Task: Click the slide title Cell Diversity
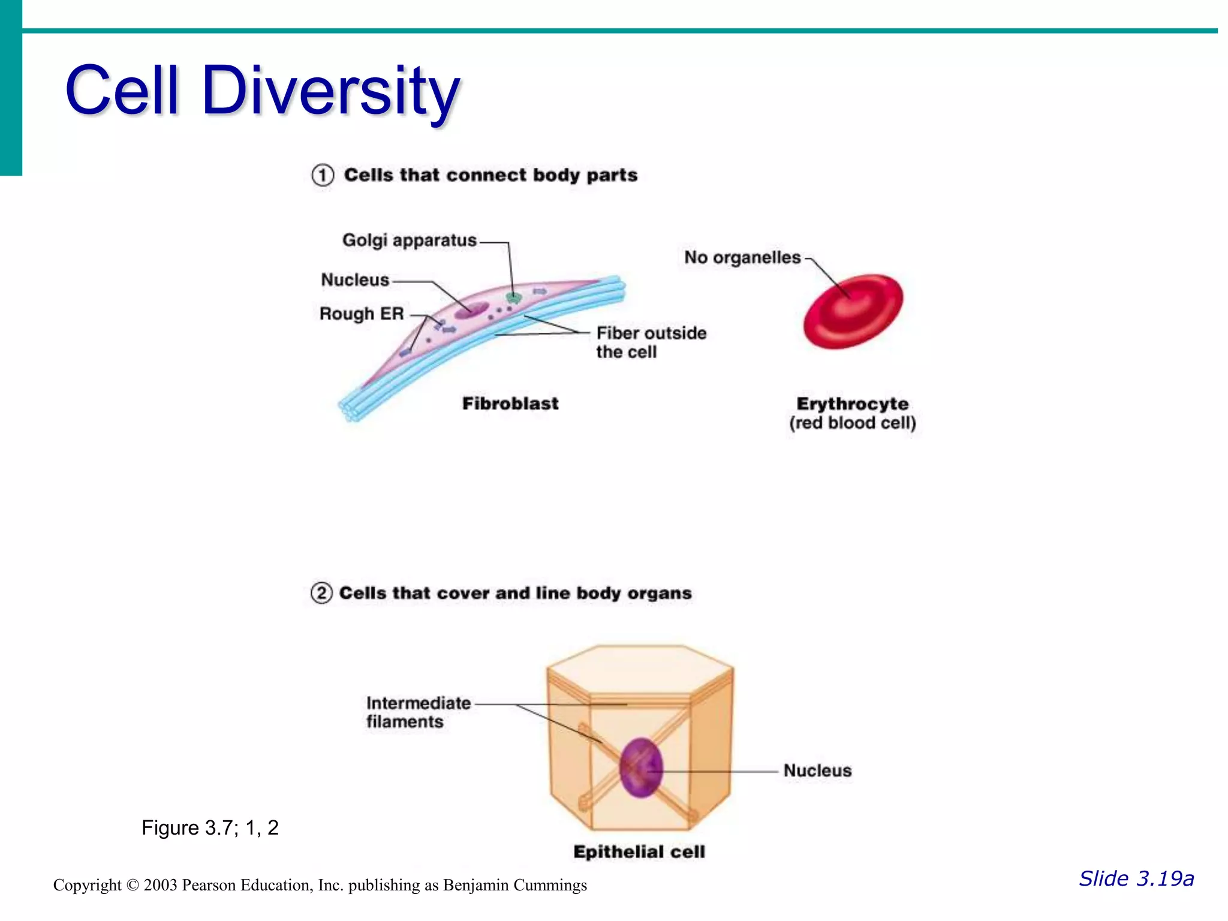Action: coord(262,91)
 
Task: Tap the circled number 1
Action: coord(323,176)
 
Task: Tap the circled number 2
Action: coord(321,593)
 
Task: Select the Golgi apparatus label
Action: coord(409,240)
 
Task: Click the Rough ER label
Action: coord(362,314)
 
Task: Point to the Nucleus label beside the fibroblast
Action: coord(355,280)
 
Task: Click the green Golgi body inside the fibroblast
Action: coord(513,297)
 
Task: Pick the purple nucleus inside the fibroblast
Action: coord(471,311)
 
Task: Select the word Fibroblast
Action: coord(510,404)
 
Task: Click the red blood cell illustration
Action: coord(853,311)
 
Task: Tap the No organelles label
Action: coord(742,258)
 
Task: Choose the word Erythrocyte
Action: coord(852,404)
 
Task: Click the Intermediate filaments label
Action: coord(418,712)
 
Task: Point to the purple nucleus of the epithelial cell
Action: coord(641,767)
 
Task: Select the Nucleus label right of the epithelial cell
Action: coord(817,770)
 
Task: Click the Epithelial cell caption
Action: coord(639,852)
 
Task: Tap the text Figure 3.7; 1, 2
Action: coord(210,828)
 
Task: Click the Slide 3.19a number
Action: coord(1136,879)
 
